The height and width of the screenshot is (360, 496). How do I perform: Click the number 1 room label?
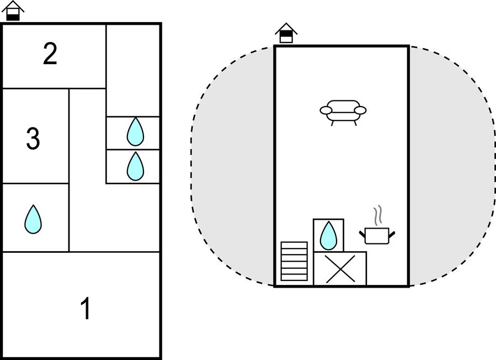(x=86, y=309)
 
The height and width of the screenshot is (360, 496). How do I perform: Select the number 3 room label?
(x=33, y=139)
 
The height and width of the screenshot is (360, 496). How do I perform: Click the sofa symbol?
(x=343, y=110)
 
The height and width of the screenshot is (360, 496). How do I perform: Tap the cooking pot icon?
(x=377, y=236)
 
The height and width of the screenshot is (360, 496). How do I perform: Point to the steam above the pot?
(x=377, y=216)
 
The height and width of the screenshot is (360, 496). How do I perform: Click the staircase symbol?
(x=294, y=261)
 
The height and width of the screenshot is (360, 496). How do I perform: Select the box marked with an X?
(x=340, y=269)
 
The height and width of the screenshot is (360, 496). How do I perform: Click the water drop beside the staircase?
(x=328, y=235)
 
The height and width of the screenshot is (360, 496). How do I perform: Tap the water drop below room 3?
(x=33, y=219)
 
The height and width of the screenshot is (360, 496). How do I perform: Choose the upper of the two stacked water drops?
(x=135, y=132)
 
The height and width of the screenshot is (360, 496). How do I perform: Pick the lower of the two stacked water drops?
(x=135, y=166)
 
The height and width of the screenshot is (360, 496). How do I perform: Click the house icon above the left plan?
(x=13, y=10)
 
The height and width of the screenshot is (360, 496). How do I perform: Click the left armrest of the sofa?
(x=326, y=110)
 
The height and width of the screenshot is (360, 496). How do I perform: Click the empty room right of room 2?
(x=133, y=69)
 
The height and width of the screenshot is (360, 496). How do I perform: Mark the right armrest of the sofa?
(x=360, y=110)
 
